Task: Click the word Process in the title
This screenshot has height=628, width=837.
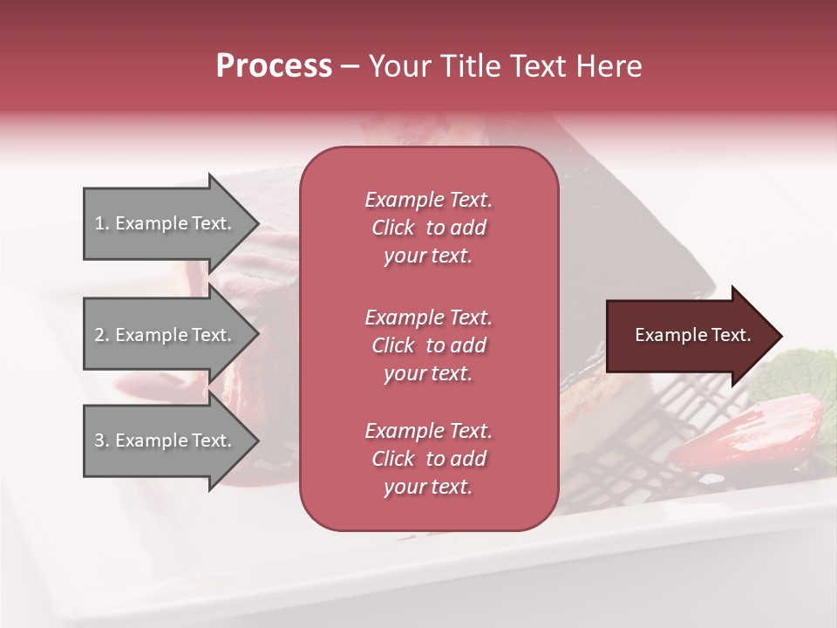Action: (x=274, y=66)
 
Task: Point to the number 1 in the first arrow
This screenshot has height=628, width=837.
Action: (x=99, y=223)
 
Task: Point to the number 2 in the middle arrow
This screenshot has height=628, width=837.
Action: (x=99, y=335)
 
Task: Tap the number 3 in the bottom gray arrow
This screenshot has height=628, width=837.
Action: (x=99, y=440)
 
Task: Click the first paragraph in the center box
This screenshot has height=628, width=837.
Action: (x=428, y=228)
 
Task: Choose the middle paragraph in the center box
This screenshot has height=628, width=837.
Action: (x=428, y=345)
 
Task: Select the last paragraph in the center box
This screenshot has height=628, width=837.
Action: (x=428, y=459)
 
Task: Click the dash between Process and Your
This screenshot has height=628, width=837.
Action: (x=350, y=66)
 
